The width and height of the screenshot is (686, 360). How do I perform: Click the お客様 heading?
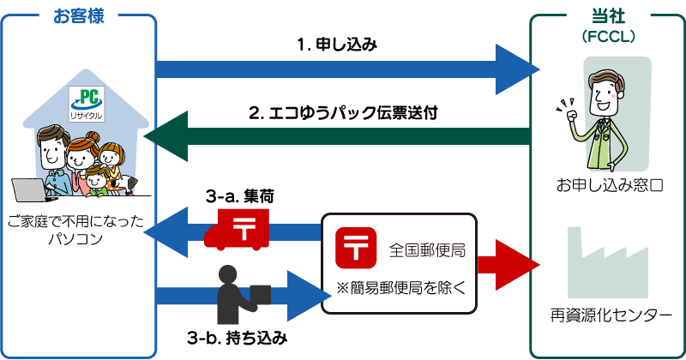click(78, 15)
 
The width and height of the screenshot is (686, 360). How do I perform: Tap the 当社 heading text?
click(607, 15)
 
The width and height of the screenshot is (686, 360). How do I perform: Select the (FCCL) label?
click(607, 37)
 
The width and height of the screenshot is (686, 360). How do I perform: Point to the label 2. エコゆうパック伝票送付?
click(343, 113)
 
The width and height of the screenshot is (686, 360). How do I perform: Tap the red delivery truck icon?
click(237, 232)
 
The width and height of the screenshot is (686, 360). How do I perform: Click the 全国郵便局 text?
click(427, 250)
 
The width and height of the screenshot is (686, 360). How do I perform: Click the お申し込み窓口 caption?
click(607, 184)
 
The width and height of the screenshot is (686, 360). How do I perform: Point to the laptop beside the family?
click(33, 190)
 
